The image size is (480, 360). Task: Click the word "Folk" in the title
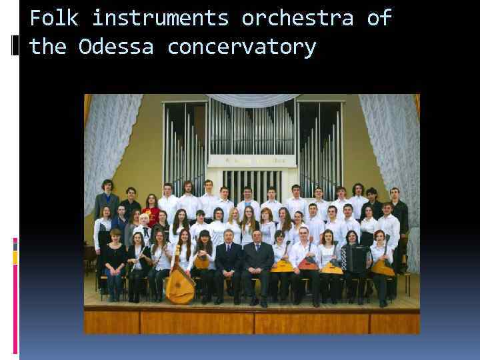53,18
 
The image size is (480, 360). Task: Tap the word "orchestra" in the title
297,18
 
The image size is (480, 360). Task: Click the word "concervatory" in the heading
241,47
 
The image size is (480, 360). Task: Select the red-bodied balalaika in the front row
307,263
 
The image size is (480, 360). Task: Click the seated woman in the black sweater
115,260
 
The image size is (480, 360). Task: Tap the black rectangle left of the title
15,45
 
